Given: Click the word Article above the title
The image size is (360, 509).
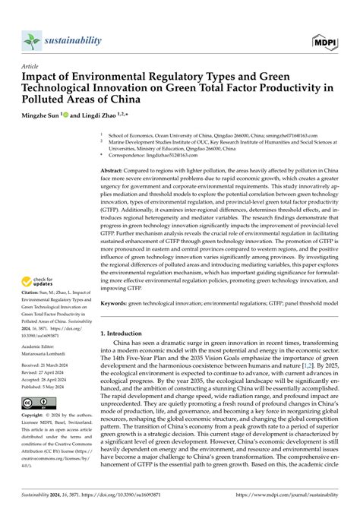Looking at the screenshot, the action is [x=31, y=66].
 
